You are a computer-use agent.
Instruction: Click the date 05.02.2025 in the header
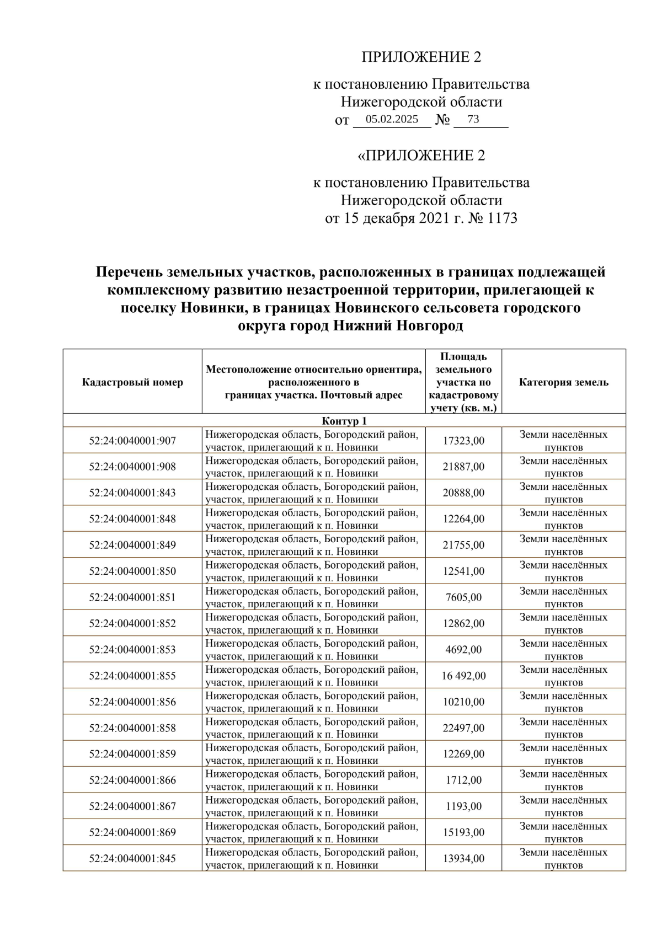pyautogui.click(x=392, y=119)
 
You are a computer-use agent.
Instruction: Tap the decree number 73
pyautogui.click(x=473, y=119)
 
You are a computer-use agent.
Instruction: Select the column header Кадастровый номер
pyautogui.click(x=132, y=382)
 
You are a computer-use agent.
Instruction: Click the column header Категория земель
pyautogui.click(x=563, y=382)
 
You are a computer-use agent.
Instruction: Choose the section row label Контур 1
pyautogui.click(x=344, y=421)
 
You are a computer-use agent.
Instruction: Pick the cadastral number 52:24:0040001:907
pyautogui.click(x=132, y=441)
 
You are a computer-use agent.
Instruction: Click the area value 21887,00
pyautogui.click(x=463, y=467)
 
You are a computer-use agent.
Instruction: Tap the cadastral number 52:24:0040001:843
pyautogui.click(x=132, y=493)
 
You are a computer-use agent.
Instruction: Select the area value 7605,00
pyautogui.click(x=463, y=597)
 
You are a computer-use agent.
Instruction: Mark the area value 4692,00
pyautogui.click(x=463, y=649)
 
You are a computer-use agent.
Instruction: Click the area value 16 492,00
pyautogui.click(x=463, y=676)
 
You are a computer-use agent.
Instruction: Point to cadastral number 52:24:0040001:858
pyautogui.click(x=132, y=728)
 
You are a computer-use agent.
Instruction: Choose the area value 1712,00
pyautogui.click(x=463, y=780)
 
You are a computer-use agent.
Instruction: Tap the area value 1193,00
pyautogui.click(x=463, y=806)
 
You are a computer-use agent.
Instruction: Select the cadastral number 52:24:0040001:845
pyautogui.click(x=132, y=859)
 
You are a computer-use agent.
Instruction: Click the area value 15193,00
pyautogui.click(x=463, y=832)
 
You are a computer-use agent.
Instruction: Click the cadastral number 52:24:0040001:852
pyautogui.click(x=132, y=623)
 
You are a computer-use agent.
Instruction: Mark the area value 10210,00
pyautogui.click(x=463, y=702)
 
